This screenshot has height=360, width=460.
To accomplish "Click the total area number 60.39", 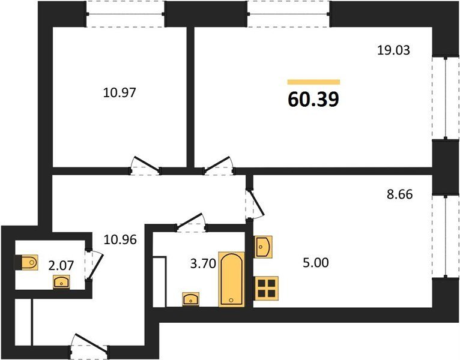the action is tap(313, 100).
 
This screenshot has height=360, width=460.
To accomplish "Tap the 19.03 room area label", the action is tap(393, 50).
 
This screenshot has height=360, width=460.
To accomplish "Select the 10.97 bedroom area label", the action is tap(120, 93).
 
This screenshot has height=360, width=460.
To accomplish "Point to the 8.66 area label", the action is tap(399, 194).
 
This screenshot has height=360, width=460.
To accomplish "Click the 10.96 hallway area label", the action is tap(120, 240).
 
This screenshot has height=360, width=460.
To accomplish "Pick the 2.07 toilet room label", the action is tap(61, 266).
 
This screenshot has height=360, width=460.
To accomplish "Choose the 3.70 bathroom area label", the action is tap(203, 264).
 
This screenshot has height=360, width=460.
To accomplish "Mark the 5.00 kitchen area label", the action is tap(316, 263).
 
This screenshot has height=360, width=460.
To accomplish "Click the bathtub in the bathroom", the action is tap(231, 279).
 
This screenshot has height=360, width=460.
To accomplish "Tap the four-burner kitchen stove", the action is tap(267, 288).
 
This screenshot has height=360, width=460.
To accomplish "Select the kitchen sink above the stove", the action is tap(263, 247).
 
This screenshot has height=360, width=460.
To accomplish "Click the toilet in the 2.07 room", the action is tap(26, 262).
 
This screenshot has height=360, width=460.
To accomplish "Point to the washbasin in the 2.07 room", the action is tap(61, 282).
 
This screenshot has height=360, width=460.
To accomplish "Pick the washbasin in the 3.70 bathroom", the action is tap(191, 299).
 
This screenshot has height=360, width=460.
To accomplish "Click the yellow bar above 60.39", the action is tap(313, 82).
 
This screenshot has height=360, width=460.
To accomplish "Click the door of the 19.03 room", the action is tap(218, 164).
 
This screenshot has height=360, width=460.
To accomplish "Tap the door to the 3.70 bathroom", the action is tap(192, 221).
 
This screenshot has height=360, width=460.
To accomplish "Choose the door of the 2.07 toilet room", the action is tap(94, 265).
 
